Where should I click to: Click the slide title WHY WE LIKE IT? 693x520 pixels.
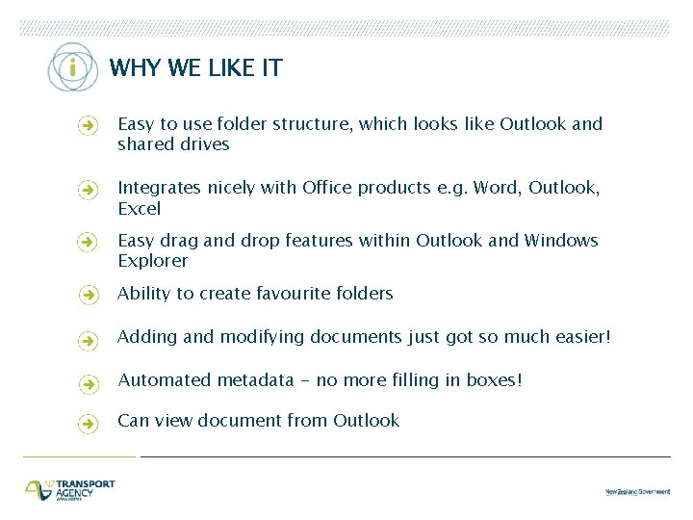tap(195, 67)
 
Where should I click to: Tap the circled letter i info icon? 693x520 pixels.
tap(71, 68)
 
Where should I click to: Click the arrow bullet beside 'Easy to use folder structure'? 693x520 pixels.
tap(88, 125)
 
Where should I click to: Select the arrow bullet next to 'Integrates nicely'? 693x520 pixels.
tap(88, 190)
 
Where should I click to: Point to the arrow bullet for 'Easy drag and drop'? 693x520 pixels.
tap(88, 242)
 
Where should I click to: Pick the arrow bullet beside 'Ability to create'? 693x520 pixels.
tap(88, 295)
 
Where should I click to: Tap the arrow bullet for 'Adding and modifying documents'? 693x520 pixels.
tap(88, 339)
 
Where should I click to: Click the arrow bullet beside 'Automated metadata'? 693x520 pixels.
tap(88, 382)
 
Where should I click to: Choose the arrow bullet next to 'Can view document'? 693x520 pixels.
tap(88, 423)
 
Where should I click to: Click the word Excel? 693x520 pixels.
tap(139, 209)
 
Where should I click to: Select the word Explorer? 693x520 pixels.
tap(153, 261)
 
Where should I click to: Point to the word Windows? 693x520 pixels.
tap(561, 241)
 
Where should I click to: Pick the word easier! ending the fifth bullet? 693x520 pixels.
tap(577, 337)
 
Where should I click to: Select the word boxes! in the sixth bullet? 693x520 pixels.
tap(495, 380)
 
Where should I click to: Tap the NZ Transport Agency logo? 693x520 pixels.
tap(69, 489)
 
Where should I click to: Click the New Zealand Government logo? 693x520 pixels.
tap(637, 491)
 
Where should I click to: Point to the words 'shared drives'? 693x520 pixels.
tap(173, 144)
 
